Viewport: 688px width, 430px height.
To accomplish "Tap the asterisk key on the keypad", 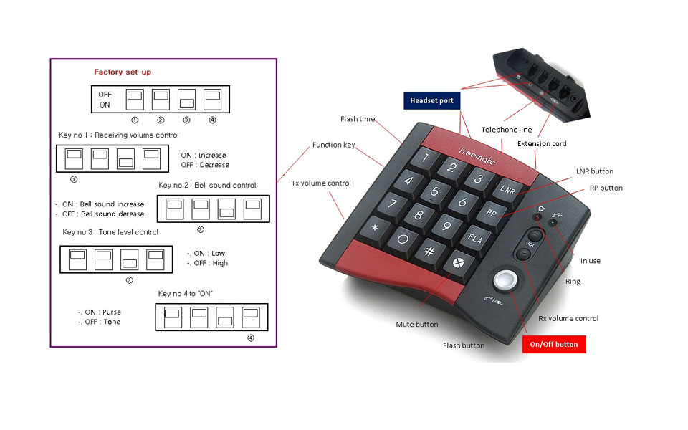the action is click(x=374, y=229).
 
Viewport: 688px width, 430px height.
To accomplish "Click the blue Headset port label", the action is click(x=431, y=101).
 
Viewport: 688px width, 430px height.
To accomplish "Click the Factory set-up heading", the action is click(x=123, y=72).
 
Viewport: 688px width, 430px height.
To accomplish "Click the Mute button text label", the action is click(x=417, y=325).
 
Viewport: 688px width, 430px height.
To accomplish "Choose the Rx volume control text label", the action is click(x=568, y=318).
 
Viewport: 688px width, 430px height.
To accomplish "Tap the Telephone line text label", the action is click(x=506, y=130).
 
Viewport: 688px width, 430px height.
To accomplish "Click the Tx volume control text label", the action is click(x=321, y=183).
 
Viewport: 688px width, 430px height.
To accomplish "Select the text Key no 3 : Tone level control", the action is click(x=110, y=232).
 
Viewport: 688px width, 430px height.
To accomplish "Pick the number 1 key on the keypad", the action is click(x=424, y=157).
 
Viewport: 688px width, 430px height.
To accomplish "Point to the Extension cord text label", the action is click(x=542, y=144).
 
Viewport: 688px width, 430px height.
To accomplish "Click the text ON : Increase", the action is click(x=204, y=155).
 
